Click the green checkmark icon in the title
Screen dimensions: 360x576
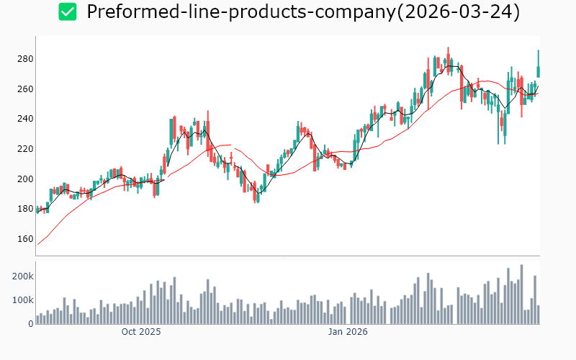[68, 12]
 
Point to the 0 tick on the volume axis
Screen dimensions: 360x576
[30, 323]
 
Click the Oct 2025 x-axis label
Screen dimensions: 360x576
[141, 332]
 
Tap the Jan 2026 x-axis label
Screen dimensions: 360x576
[348, 332]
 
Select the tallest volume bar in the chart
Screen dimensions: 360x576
[521, 294]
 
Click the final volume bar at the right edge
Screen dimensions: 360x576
[538, 315]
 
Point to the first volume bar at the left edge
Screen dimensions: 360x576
[37, 320]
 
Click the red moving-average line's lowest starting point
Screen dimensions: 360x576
[37, 245]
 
